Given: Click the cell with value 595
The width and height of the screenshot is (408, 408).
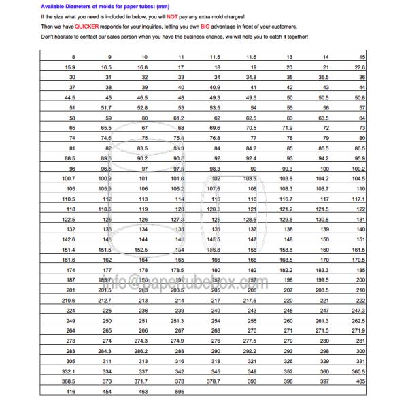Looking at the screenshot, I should click(180, 393).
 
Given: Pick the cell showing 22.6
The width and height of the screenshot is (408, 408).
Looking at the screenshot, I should click(360, 68).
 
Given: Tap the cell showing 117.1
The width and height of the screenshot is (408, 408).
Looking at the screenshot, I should click(359, 197).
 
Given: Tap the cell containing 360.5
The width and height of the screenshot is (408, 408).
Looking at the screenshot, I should click(359, 373).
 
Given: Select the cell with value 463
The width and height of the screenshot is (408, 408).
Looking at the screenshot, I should click(142, 393).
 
